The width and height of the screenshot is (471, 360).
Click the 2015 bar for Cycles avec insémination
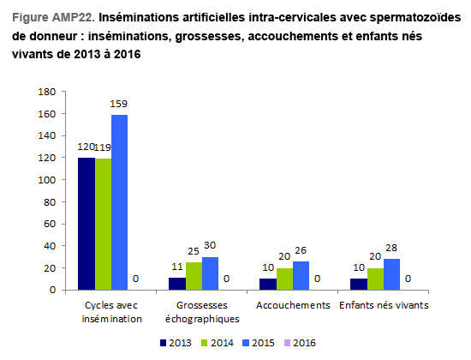pos(119,202)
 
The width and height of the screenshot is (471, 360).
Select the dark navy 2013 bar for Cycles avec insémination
pos(86,224)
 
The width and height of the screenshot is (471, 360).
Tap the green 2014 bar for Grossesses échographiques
pos(194,276)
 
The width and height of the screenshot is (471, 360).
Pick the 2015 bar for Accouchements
pos(301,276)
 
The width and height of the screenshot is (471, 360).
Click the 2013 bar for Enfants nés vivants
pos(359,285)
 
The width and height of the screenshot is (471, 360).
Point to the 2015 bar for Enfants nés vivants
pos(391,274)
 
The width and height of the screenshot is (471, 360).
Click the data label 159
pos(119,104)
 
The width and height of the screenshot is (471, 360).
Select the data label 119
pos(103,147)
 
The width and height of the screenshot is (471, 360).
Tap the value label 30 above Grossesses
pos(210,245)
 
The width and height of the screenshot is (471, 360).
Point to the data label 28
pos(391,248)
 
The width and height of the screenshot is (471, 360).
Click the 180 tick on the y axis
pos(47,92)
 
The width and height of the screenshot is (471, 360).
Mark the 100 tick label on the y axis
pos(47,180)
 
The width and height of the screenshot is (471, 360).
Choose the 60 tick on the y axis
pos(50,224)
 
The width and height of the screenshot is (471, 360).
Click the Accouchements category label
pos(293,305)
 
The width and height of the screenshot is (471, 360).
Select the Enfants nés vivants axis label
pos(384,305)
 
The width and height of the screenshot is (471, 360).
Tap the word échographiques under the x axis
pos(202,319)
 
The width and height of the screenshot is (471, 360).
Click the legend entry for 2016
pos(300,343)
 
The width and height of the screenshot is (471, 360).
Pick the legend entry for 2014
pos(218,343)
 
